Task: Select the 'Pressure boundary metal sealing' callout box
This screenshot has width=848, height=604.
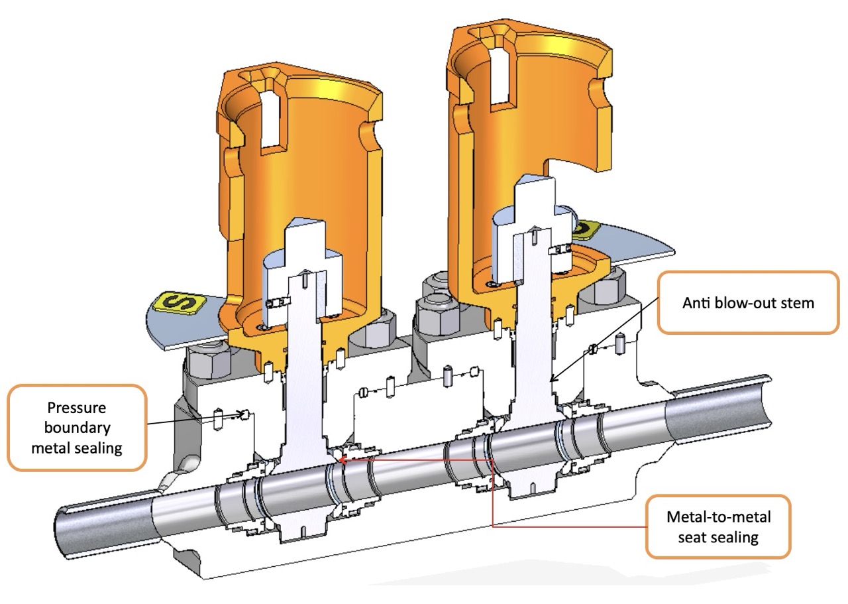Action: point(77,428)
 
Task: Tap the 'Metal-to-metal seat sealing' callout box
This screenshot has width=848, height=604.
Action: point(718,526)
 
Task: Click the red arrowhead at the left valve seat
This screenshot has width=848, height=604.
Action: point(340,459)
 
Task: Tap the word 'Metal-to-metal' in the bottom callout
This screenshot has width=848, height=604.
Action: point(718,516)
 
